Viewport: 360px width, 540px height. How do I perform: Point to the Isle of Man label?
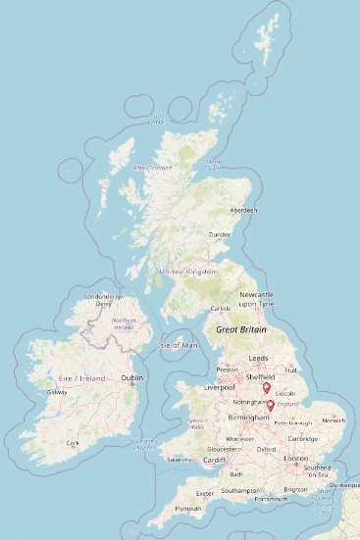tap(178, 345)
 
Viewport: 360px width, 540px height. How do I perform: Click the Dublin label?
tap(131, 377)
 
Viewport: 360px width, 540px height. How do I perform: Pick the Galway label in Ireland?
tap(55, 392)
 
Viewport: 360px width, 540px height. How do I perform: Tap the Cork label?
tap(72, 443)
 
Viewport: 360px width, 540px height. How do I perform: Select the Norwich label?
tap(334, 420)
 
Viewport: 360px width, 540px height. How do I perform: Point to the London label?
tap(294, 458)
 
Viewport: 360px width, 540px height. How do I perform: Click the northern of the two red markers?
tap(266, 388)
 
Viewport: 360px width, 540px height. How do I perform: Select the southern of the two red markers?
tap(271, 405)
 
